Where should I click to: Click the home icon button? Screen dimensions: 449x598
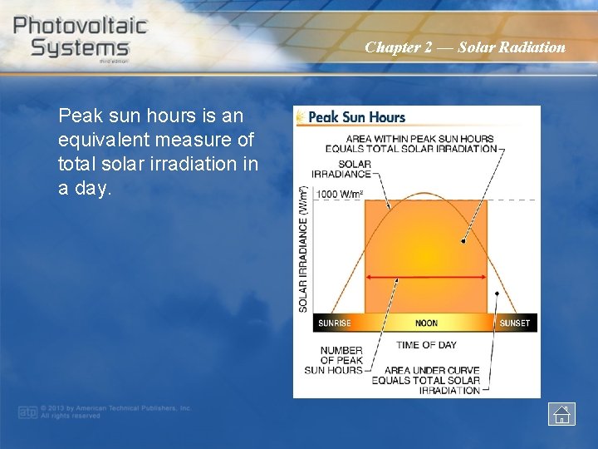(x=561, y=413)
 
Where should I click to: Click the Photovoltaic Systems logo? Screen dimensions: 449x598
(x=80, y=37)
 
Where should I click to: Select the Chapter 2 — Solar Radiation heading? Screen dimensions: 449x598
(x=465, y=47)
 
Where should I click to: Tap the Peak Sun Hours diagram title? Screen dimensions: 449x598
(x=356, y=117)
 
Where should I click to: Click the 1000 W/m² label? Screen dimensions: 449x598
(x=341, y=194)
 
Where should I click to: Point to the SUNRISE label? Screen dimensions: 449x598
(x=335, y=323)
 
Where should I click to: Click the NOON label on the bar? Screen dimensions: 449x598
(x=426, y=323)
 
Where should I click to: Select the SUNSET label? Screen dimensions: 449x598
(x=514, y=323)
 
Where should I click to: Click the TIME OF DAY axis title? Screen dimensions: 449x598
(x=426, y=344)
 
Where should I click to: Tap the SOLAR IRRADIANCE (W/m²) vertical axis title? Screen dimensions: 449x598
(x=303, y=249)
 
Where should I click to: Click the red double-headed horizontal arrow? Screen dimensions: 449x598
(x=426, y=276)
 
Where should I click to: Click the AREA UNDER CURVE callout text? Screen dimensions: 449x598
(x=425, y=380)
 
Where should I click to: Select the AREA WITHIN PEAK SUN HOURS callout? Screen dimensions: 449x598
(x=420, y=144)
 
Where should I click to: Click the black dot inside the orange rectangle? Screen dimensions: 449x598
(x=463, y=241)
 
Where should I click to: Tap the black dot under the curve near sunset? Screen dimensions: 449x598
(x=497, y=294)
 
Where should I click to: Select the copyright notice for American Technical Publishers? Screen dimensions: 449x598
(x=115, y=412)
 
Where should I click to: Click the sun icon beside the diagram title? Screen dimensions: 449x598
(x=301, y=117)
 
